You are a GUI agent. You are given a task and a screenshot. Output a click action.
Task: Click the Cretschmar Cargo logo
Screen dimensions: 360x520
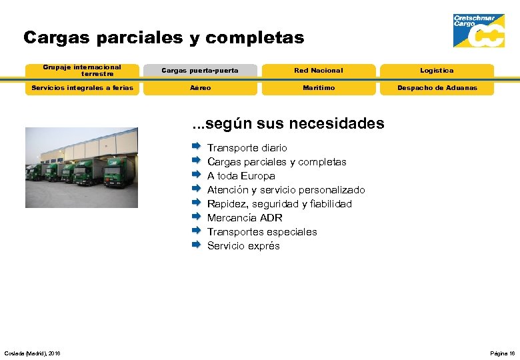point(479,31)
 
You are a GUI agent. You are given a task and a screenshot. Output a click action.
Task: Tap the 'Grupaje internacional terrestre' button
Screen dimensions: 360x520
point(82,71)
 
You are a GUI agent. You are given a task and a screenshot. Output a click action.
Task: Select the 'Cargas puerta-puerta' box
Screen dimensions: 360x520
point(200,71)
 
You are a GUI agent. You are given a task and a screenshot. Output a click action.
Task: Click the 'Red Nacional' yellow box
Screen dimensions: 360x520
point(319,71)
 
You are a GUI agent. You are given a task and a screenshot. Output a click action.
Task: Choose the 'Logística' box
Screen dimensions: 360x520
point(437,71)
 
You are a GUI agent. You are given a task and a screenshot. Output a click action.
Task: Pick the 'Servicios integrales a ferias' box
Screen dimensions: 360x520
point(82,88)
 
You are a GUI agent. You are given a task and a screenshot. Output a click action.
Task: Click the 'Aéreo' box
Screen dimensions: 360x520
point(200,88)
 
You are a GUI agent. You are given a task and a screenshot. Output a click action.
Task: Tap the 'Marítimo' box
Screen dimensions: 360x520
point(319,88)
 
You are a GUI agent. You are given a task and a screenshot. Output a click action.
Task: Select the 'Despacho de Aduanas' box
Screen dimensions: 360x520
point(437,88)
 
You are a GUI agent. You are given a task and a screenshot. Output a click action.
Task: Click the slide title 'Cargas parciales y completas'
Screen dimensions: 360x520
point(163,38)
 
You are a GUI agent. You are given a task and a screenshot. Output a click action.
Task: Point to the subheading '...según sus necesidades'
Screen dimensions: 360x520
point(288,123)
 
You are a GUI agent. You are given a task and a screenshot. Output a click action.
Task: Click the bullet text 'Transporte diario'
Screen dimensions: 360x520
point(247,148)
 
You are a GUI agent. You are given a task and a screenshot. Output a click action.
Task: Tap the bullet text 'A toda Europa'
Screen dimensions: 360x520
point(241,176)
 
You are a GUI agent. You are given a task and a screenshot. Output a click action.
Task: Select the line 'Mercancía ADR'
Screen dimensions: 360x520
point(245,218)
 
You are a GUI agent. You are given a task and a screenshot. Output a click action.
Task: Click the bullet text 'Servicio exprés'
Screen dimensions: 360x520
point(243,246)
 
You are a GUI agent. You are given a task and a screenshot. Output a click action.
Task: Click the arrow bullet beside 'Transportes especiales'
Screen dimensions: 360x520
point(196,231)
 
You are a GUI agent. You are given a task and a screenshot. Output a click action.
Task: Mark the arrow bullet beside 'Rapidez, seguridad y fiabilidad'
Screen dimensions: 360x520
point(196,203)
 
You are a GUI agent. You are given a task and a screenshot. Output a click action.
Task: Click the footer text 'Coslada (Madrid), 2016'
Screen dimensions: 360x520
point(32,353)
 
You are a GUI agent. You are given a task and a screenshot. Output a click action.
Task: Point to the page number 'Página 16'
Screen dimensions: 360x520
point(502,353)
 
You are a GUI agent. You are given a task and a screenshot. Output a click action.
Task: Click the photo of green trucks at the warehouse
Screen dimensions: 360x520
point(81,167)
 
